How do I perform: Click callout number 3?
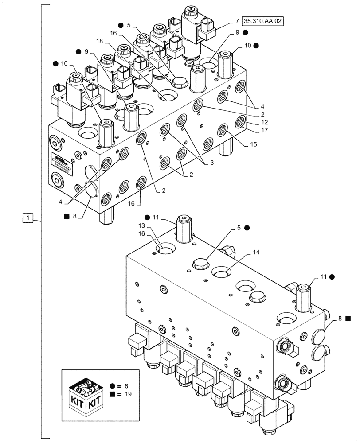[212, 163]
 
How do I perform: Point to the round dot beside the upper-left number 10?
[55, 63]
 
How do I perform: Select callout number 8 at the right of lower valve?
[340, 318]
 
